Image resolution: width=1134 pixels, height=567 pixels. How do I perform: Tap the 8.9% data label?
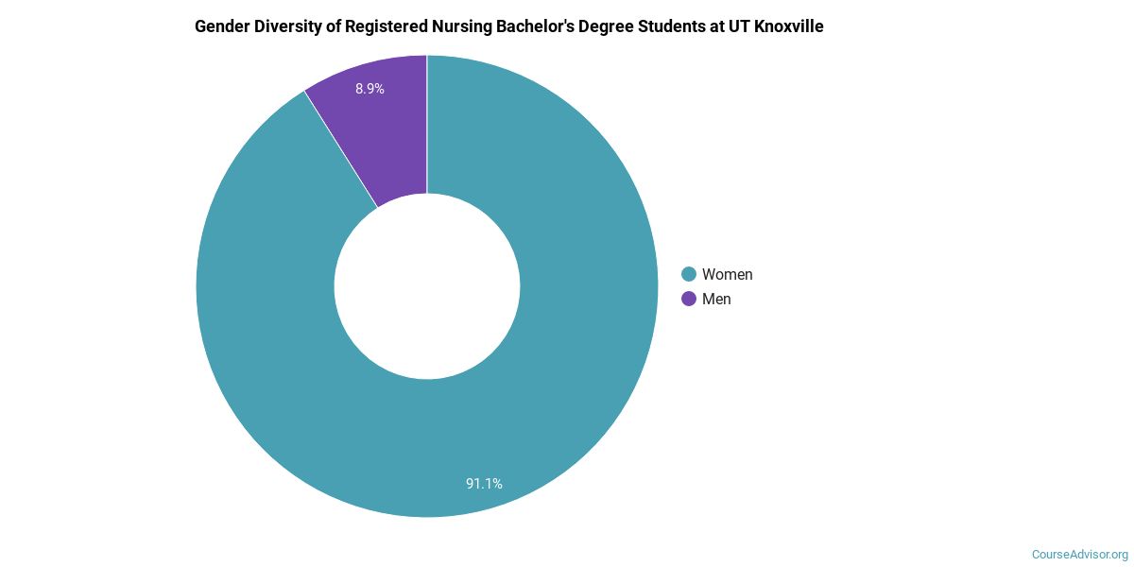tap(369, 89)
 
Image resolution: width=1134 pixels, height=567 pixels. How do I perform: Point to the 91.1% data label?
tap(484, 484)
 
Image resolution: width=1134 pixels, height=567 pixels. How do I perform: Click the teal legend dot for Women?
tap(689, 274)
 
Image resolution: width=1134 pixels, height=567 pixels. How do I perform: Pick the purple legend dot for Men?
tap(689, 299)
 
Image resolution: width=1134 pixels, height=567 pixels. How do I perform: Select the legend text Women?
tap(727, 274)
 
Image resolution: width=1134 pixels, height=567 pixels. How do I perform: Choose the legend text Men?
tap(716, 299)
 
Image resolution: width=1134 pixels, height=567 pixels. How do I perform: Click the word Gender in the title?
tap(221, 27)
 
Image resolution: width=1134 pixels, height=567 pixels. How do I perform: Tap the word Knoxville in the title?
tap(788, 27)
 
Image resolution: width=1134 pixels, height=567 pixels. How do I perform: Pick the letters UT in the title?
tap(739, 27)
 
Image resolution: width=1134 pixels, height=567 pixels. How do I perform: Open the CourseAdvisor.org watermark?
tap(1079, 554)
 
